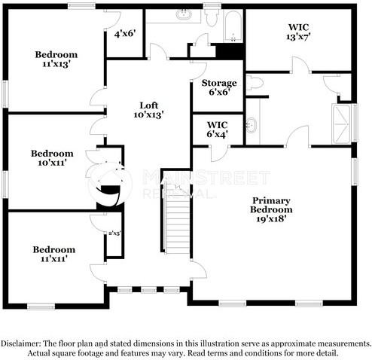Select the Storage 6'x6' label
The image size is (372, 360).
(219, 87)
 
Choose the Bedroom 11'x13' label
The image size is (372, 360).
(56, 59)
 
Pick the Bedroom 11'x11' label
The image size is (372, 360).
(53, 254)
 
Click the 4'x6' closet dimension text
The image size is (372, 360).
(124, 34)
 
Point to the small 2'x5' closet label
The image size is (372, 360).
(114, 234)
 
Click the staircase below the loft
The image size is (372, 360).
(176, 225)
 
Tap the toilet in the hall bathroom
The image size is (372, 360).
(212, 16)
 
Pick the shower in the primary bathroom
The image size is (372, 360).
(343, 124)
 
